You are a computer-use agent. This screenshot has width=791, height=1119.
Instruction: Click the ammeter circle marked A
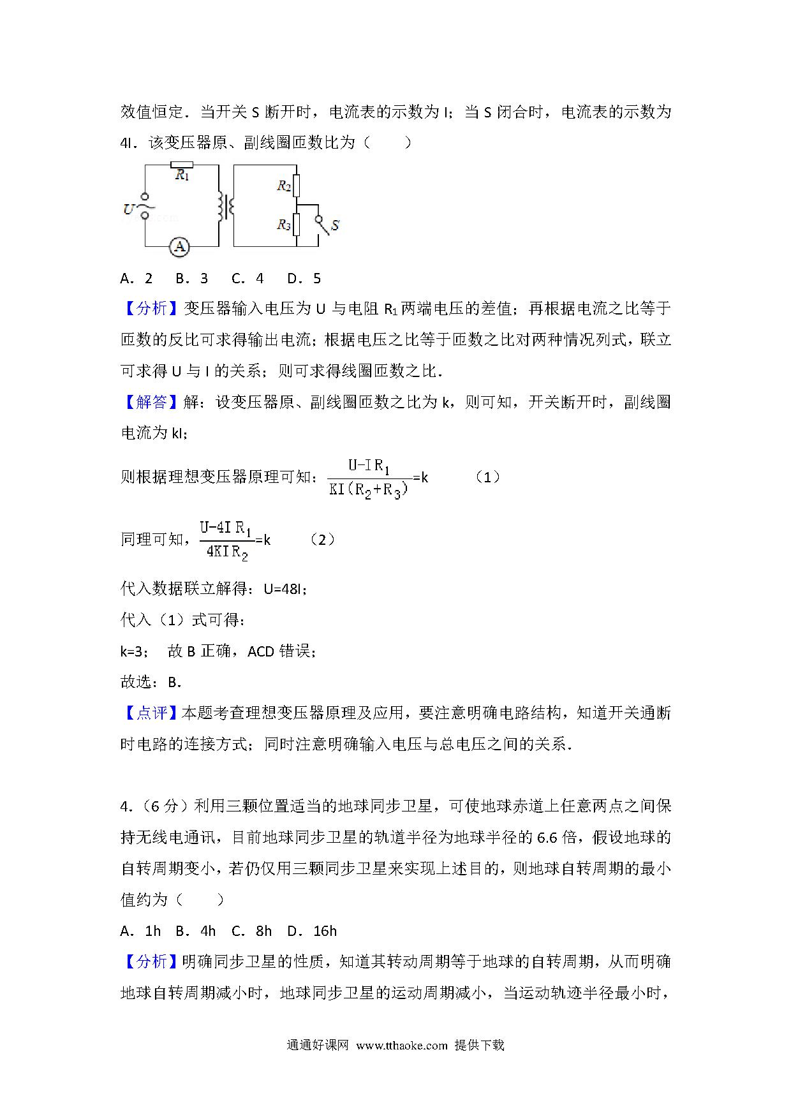(180, 247)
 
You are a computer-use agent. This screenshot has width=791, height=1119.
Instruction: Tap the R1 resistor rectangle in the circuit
(182, 164)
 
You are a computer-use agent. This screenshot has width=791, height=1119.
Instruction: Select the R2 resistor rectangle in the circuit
(296, 186)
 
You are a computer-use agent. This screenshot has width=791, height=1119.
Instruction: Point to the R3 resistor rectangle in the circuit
(296, 225)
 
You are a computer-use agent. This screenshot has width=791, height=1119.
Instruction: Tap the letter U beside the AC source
(128, 209)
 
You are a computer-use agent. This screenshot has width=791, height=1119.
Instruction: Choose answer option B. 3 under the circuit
(192, 278)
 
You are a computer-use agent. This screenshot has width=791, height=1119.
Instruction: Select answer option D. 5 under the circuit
(304, 278)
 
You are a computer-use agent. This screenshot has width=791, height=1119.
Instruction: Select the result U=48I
(285, 589)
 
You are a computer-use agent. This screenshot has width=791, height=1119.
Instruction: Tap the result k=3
(135, 651)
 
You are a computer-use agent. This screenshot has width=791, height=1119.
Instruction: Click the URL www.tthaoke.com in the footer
(402, 1045)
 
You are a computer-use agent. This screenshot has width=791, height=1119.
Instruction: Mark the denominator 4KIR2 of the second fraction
(227, 552)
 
